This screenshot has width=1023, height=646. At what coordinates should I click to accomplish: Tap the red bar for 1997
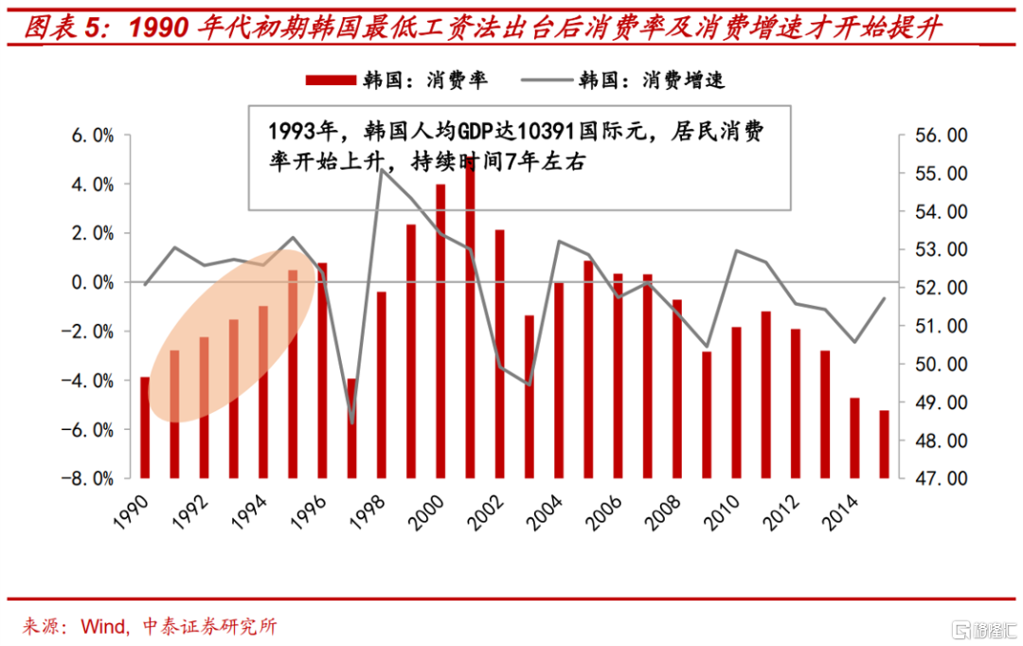[x=351, y=427]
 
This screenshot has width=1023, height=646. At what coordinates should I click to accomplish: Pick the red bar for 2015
[x=884, y=443]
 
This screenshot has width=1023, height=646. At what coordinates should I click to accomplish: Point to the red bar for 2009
[x=707, y=414]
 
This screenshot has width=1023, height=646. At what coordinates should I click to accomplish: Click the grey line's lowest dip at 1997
[x=351, y=422]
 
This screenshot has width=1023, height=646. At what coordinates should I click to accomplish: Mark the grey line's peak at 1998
[x=381, y=170]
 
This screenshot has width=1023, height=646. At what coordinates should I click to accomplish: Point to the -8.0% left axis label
[x=88, y=478]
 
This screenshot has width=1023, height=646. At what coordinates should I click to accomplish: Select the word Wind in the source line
[x=105, y=627]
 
